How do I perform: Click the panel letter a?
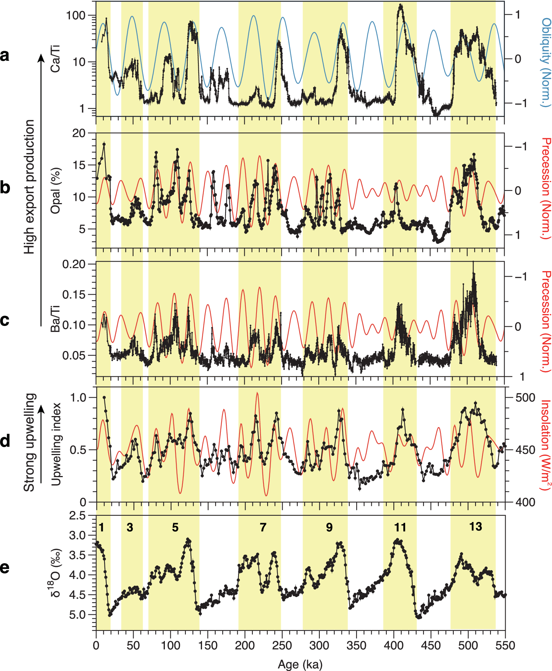5,56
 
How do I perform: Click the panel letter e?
5,567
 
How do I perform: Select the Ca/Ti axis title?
56,58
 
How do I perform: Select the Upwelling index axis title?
56,444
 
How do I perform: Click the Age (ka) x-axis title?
300,664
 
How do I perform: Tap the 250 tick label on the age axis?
282,646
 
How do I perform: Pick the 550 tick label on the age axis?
505,646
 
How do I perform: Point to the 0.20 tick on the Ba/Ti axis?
74,264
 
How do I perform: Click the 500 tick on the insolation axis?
525,398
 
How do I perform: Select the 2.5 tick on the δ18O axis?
77,516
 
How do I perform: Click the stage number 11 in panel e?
400,528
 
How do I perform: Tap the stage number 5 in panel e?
175,528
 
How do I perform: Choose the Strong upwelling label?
30,442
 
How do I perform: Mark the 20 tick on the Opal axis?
79,134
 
